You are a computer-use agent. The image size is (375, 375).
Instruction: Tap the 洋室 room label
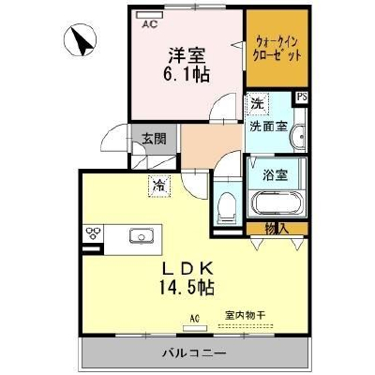click(x=187, y=55)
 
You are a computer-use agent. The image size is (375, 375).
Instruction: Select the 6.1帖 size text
click(x=186, y=74)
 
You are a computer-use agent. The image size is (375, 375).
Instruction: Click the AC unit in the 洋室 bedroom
click(x=150, y=15)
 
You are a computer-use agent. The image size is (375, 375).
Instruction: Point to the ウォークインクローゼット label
click(x=277, y=49)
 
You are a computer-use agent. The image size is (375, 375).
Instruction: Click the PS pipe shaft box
click(x=302, y=97)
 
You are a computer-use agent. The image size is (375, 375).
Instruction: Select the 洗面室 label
click(x=268, y=127)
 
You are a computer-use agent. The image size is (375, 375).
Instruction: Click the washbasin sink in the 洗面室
click(x=299, y=137)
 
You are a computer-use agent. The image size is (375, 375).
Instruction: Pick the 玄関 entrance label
click(x=154, y=139)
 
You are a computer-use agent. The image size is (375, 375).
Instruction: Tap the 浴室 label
click(x=275, y=175)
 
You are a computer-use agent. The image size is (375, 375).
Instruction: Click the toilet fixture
click(x=227, y=206)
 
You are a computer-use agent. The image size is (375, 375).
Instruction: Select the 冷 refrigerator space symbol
click(x=159, y=187)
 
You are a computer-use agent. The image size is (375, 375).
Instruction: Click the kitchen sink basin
click(x=142, y=235)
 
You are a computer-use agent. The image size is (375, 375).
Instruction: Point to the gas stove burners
click(x=94, y=233)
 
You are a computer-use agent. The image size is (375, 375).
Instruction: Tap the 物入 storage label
click(x=277, y=229)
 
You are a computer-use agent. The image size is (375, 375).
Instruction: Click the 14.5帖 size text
click(x=187, y=287)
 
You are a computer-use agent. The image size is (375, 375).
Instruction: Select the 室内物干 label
click(x=246, y=315)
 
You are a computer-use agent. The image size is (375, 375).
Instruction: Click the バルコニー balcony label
click(x=194, y=353)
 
